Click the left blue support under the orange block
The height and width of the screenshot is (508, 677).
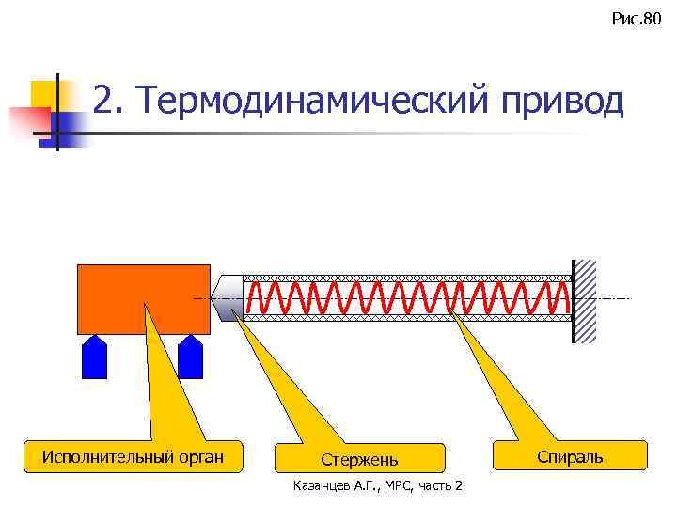click(x=95, y=357)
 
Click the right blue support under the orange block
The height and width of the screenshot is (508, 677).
click(x=191, y=357)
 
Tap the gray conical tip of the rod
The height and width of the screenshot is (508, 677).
click(x=228, y=298)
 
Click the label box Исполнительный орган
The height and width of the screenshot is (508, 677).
click(x=134, y=458)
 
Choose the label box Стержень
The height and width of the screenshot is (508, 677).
click(x=359, y=459)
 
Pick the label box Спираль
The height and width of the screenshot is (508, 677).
click(x=570, y=457)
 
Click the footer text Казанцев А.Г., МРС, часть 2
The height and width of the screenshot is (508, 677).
click(x=378, y=485)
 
